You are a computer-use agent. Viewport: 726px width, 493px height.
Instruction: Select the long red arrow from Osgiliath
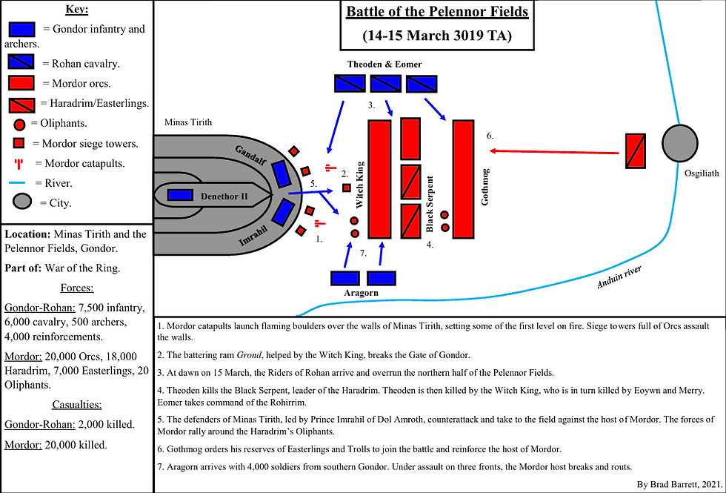(556, 151)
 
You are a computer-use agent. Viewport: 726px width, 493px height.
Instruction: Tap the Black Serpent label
(430, 209)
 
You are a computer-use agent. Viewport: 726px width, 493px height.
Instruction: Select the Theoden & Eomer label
(384, 64)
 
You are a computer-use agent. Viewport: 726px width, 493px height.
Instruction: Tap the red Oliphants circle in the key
(20, 123)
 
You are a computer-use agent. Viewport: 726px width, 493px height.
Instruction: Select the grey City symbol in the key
(22, 201)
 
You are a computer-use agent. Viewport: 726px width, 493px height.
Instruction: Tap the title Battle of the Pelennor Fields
(437, 13)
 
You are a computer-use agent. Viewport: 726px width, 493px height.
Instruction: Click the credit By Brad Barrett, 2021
(678, 483)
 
